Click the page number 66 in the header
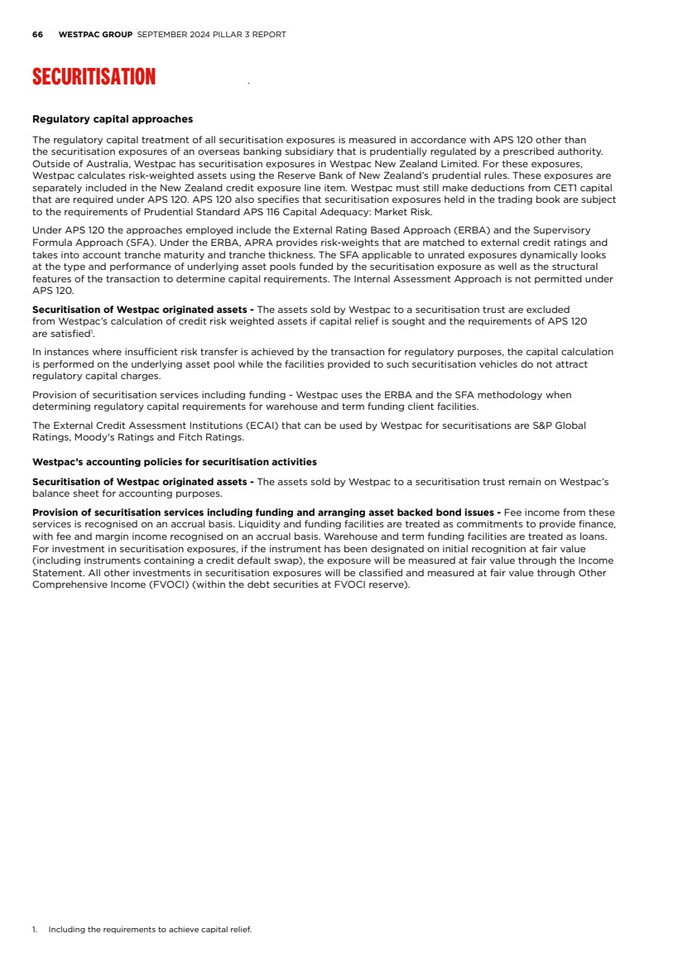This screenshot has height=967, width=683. tap(37, 35)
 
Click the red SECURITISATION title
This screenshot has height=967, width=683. tap(94, 77)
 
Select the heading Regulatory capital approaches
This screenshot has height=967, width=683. tap(113, 119)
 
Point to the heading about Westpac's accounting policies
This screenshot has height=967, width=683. tap(174, 462)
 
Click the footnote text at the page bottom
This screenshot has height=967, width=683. tap(149, 930)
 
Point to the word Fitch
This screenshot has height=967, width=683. tap(203, 437)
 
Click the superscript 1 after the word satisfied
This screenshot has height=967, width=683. tap(91, 331)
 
